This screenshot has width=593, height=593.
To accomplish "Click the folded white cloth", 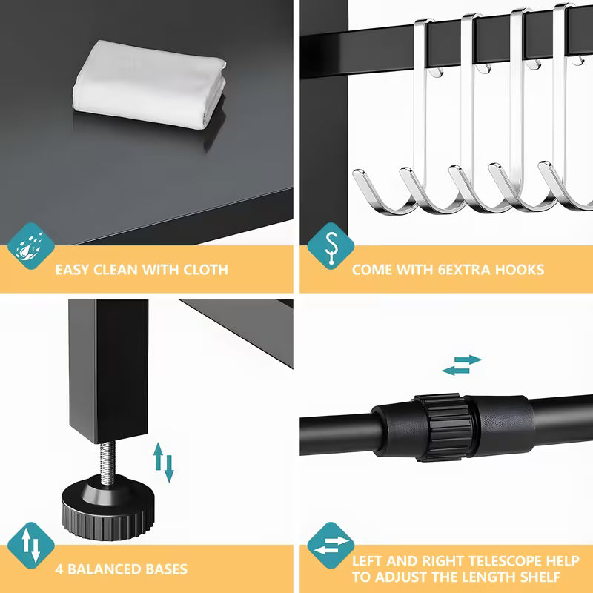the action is pos(150,84).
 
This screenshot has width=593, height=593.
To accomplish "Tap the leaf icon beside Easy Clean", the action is pos(30,246).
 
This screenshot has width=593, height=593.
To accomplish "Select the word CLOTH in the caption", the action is pos(206,270).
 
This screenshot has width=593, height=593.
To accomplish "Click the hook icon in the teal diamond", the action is pos(331,246).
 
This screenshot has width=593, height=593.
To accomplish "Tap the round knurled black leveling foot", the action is pos(108,508).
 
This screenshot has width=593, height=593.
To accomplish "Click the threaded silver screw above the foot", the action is pos(107,462).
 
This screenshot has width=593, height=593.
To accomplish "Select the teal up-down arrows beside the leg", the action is pos(164,463).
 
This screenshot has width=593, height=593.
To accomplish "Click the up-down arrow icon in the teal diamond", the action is pos(30,546).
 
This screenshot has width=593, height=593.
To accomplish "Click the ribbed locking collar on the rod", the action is pos(443,428).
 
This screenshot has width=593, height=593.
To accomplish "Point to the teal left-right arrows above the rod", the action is pos(462,365).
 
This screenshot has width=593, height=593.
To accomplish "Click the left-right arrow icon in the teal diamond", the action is pos(331,546).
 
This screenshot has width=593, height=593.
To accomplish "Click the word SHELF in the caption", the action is pos(539,577).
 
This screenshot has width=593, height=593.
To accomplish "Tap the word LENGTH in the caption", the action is pos(484,577).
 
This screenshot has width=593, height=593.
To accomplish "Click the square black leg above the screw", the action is pos(108,371).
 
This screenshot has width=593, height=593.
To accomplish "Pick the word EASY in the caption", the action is pos(72,270).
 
